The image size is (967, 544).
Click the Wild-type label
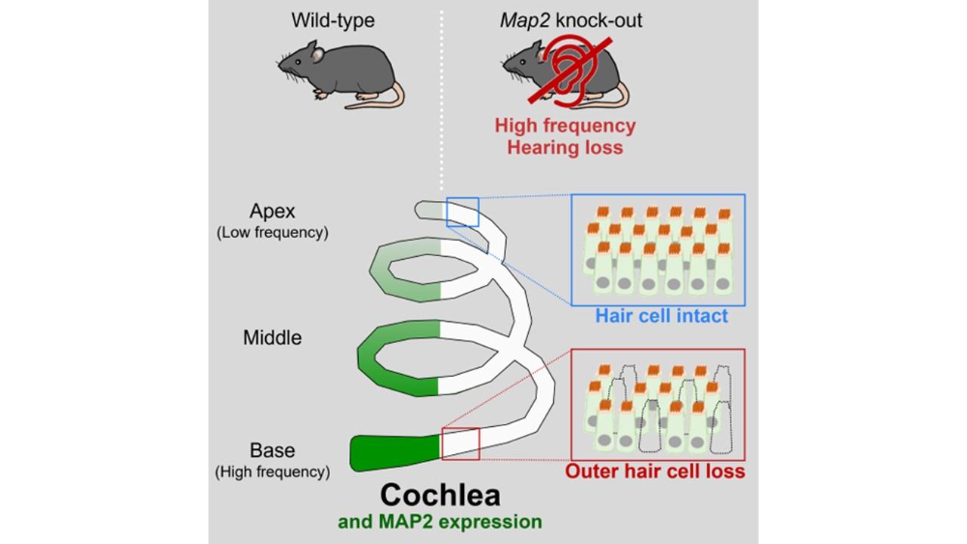pyautogui.click(x=333, y=20)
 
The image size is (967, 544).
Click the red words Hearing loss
pyautogui.click(x=565, y=147)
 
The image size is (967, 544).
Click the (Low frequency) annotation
pyautogui.click(x=273, y=233)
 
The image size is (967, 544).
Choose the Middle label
pyautogui.click(x=272, y=337)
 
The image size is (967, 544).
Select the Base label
pyautogui.click(x=272, y=450)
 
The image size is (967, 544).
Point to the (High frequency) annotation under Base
pyautogui.click(x=273, y=472)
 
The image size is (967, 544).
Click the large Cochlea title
pyautogui.click(x=440, y=496)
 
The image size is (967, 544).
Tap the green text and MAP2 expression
pyautogui.click(x=440, y=521)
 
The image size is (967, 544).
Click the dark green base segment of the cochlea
pyautogui.click(x=393, y=452)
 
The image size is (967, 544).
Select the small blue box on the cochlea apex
pyautogui.click(x=462, y=212)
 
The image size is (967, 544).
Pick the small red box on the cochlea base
pyautogui.click(x=461, y=444)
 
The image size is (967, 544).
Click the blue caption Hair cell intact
pyautogui.click(x=662, y=315)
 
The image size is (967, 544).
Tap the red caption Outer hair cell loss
pyautogui.click(x=655, y=471)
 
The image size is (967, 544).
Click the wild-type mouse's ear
pyautogui.click(x=319, y=54)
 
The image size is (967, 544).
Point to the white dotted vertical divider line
pyautogui.click(x=443, y=98)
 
